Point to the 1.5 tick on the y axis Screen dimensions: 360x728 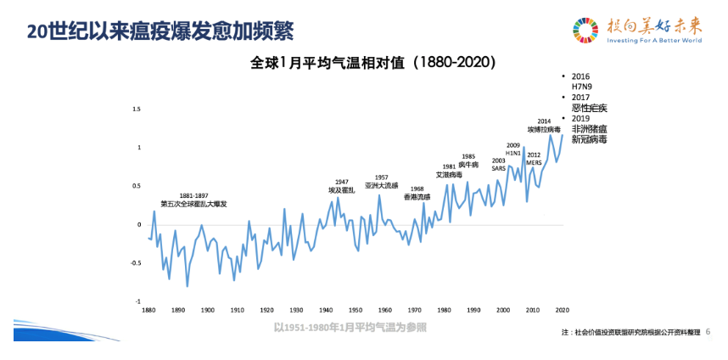click(136, 110)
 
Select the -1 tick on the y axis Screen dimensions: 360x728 click(137, 301)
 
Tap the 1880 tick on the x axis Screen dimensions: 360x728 click(148, 311)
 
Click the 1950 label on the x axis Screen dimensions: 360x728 click(356, 311)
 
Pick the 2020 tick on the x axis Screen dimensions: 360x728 click(562, 311)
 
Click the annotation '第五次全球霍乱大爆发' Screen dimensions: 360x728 click(193, 204)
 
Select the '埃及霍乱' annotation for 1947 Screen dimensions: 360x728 click(341, 191)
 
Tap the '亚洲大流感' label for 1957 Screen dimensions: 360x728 click(381, 185)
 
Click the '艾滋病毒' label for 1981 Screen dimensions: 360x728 click(449, 175)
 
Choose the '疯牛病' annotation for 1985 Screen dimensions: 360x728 click(468, 164)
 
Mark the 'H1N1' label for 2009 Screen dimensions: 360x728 click(513, 154)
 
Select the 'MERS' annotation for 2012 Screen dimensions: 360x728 click(534, 162)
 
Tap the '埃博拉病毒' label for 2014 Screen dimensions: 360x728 click(544, 130)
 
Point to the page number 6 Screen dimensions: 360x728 click(708, 332)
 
